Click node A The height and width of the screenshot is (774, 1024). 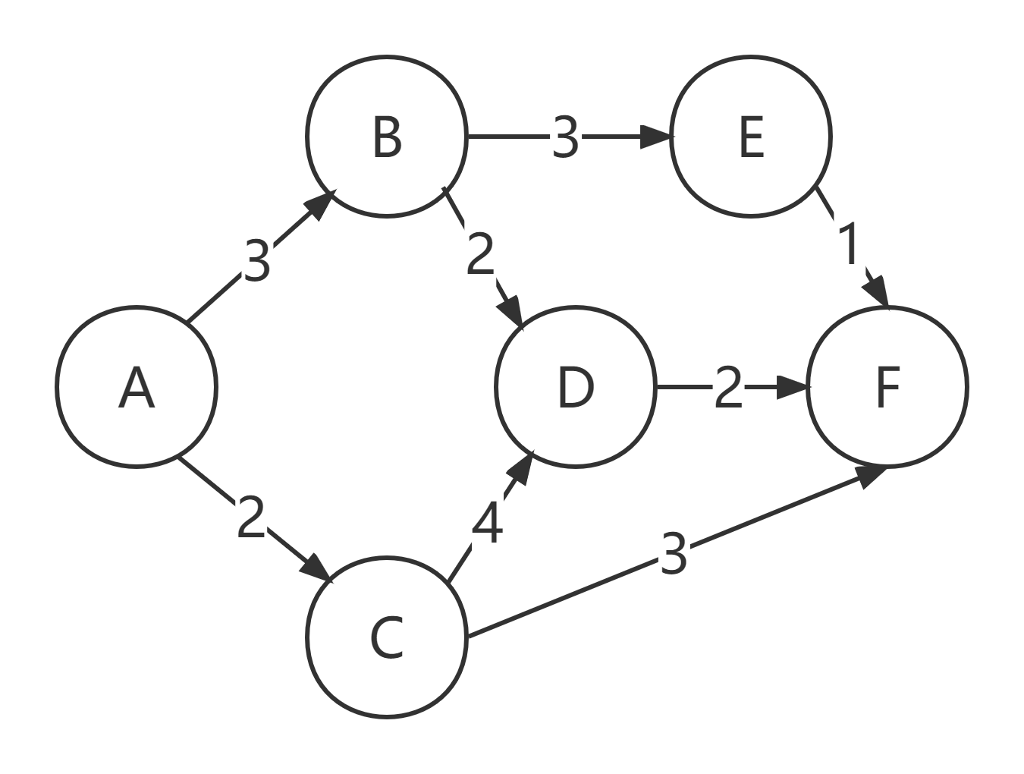137,387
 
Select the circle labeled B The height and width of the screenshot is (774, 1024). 387,137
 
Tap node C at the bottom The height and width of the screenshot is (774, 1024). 387,637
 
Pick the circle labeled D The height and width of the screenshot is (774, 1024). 576,387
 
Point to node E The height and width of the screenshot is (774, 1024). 751,137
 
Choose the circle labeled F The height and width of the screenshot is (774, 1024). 887,387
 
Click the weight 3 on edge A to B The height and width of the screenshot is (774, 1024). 257,260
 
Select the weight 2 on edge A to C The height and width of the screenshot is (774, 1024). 251,516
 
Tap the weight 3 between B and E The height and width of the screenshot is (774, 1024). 566,137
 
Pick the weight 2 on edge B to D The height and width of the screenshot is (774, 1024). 481,253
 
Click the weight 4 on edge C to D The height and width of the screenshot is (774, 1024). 488,522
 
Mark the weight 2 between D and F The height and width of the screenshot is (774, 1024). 728,386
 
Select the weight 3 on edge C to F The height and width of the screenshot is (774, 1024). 674,552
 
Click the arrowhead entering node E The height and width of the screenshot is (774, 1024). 655,137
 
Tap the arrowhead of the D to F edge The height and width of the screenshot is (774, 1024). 792,387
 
